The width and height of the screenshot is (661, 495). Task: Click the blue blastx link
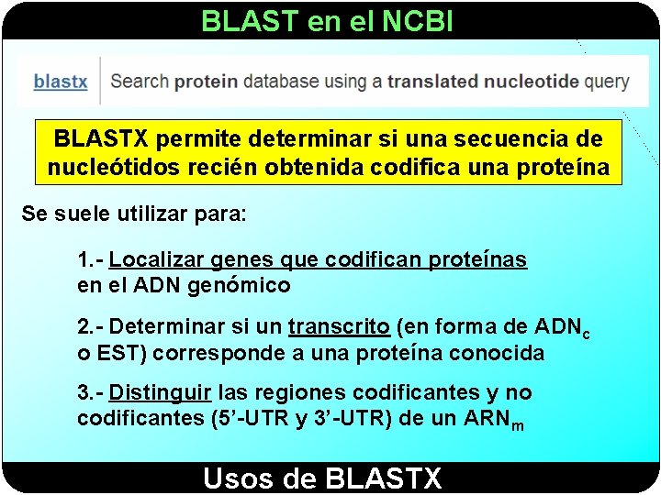[61, 82]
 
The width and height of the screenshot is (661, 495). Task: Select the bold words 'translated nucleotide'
[483, 81]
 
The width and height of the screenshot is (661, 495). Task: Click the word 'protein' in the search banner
[206, 81]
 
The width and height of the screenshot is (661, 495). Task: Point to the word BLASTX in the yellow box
[102, 139]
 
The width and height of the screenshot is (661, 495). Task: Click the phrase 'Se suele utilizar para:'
[134, 216]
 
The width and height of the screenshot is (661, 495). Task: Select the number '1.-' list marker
[90, 260]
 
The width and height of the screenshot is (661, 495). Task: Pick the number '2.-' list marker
[90, 326]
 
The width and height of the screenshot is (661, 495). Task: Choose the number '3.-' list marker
[90, 393]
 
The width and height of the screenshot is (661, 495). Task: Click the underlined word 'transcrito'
[340, 326]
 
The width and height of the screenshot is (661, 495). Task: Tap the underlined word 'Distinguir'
[161, 393]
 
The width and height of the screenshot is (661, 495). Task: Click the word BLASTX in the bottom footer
[383, 478]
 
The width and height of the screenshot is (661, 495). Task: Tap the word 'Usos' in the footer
[239, 478]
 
